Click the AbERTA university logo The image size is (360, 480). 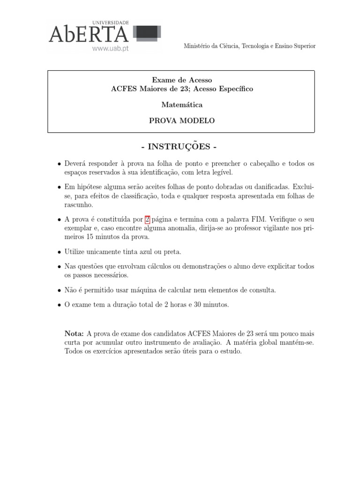pos(89,34)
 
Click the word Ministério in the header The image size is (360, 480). pos(196,46)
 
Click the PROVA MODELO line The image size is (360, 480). pos(181,120)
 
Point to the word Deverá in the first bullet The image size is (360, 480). pos(77,164)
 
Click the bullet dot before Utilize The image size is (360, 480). pos(59,252)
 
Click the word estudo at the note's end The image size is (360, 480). pos(230,351)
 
